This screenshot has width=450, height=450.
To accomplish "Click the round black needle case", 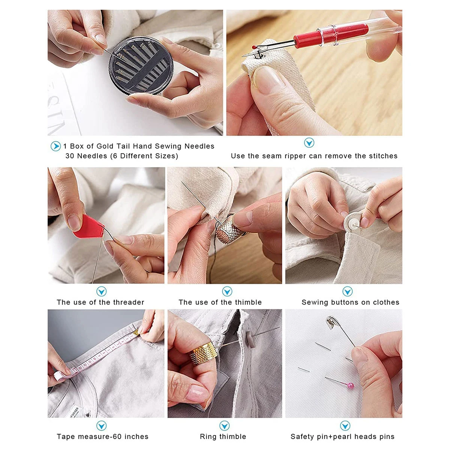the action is (x=141, y=65).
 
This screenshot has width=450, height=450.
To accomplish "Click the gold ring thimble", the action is (x=203, y=353).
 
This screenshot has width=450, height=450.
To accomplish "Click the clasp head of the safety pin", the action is (x=331, y=322).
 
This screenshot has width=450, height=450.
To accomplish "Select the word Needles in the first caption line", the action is (x=199, y=146).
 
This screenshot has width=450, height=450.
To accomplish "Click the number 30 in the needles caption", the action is (x=70, y=156).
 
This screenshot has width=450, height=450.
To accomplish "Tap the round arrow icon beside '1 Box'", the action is (x=55, y=146).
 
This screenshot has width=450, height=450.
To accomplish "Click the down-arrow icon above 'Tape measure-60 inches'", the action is (x=101, y=426).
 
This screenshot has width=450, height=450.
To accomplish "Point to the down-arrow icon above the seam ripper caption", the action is (x=309, y=142).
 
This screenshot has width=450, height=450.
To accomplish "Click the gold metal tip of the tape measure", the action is (x=136, y=332).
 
